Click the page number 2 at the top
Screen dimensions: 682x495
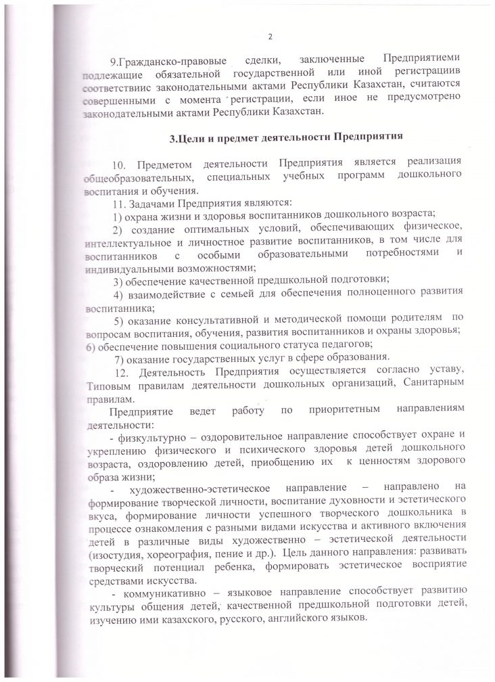(269, 36)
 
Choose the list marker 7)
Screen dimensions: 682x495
(122, 359)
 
